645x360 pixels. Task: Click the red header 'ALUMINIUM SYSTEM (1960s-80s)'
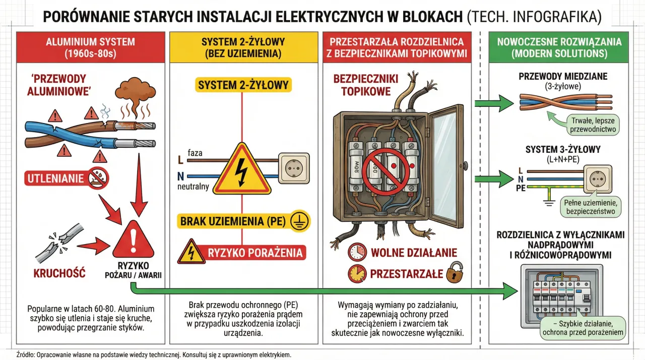tap(90, 47)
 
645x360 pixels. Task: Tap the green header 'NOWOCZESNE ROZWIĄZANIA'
tap(559, 47)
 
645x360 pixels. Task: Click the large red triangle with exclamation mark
tap(133, 239)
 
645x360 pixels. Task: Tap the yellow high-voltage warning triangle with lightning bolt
tap(242, 170)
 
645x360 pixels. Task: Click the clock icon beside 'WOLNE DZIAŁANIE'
tap(357, 252)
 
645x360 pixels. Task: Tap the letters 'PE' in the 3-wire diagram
tap(521, 188)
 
